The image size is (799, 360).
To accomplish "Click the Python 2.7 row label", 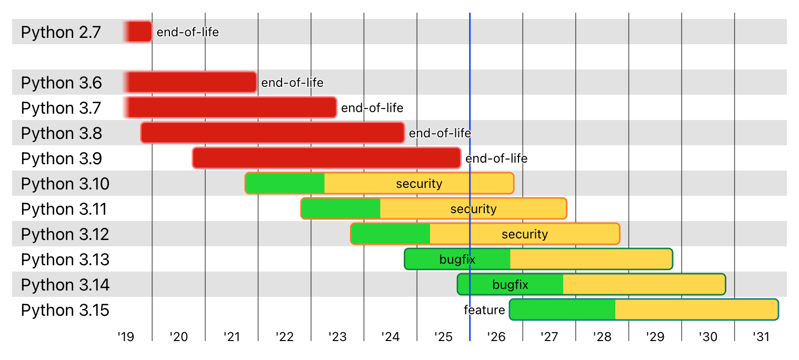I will pos(61,32).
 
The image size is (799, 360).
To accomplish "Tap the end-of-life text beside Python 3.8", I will pos(440,133).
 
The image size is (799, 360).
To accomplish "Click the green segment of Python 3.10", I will pos(285,183).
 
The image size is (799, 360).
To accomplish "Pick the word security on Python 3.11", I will pos(473,209).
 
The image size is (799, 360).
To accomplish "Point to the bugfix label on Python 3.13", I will pos(457,259).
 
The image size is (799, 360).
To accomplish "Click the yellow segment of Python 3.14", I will pos(643,284).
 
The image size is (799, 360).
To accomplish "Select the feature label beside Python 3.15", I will pos(484,310).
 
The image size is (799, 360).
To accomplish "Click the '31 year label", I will pos(761,336).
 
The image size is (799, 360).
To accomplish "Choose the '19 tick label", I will pos(126,336).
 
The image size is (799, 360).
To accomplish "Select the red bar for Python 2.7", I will pos(139,32).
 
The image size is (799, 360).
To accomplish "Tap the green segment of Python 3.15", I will pos(562,309).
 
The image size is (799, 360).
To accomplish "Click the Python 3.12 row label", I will pos(65,234).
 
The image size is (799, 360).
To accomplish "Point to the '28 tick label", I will pos(602,336).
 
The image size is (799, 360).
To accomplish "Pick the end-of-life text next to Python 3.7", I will pos(372,108).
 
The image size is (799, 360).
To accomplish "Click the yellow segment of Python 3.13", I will pos(591,259).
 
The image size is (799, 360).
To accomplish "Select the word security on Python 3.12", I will pos(525,234).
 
